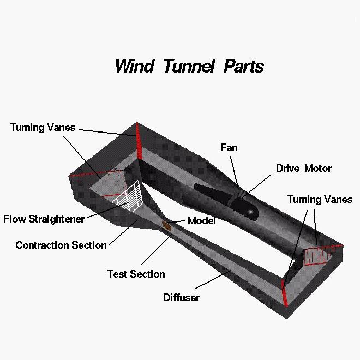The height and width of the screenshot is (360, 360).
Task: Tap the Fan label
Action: click(x=229, y=148)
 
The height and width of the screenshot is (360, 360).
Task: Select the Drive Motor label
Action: click(x=304, y=169)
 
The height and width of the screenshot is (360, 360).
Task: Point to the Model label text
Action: click(x=202, y=221)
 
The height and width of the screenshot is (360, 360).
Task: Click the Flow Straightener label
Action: click(x=44, y=219)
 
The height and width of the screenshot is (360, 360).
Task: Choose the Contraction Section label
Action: click(x=61, y=245)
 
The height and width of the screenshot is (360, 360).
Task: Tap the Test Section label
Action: click(x=136, y=274)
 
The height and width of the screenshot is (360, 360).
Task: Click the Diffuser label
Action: click(x=182, y=298)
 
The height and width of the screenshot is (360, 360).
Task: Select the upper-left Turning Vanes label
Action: click(x=43, y=128)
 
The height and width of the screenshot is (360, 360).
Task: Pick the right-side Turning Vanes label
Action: click(x=320, y=199)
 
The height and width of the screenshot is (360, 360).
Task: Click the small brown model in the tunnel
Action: click(x=167, y=224)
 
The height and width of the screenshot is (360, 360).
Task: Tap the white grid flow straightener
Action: click(x=130, y=196)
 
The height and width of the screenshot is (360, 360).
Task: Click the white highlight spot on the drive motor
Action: click(x=250, y=211)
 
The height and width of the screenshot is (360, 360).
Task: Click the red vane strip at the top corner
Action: click(x=139, y=141)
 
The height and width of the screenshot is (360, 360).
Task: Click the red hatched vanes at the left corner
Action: click(x=112, y=183)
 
